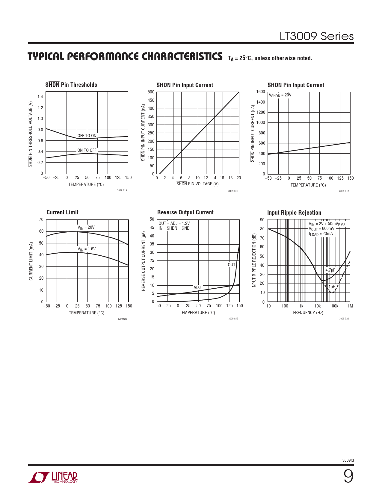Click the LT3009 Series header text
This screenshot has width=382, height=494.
pos(316,36)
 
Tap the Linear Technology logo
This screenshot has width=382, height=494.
pos(53,477)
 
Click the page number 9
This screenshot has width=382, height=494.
pos(348,476)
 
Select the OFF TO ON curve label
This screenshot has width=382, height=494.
pos(87,136)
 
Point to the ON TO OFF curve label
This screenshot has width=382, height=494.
pos(87,150)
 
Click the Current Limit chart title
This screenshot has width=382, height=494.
pos(62,212)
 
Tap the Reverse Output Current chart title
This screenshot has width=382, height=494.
pos(185,212)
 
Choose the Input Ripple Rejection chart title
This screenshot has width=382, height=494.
pos(294,213)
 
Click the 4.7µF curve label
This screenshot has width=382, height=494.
pos(330,270)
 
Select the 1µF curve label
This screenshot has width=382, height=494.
pos(332,287)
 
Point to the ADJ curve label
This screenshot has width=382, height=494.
pos(197,287)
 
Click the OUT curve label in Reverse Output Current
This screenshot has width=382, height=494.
pos(232,265)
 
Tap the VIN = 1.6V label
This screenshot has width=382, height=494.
pos(87,249)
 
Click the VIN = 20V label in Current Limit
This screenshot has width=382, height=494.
pos(86,228)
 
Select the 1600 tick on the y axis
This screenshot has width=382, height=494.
pos(261,92)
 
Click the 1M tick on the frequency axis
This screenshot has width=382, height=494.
pos(350,306)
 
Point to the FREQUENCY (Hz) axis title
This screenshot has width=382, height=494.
pos(308,313)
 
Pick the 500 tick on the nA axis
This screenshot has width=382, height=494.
pos(151,92)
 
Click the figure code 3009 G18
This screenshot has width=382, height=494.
pos(122,319)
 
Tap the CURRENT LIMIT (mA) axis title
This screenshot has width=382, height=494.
pos(31,261)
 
